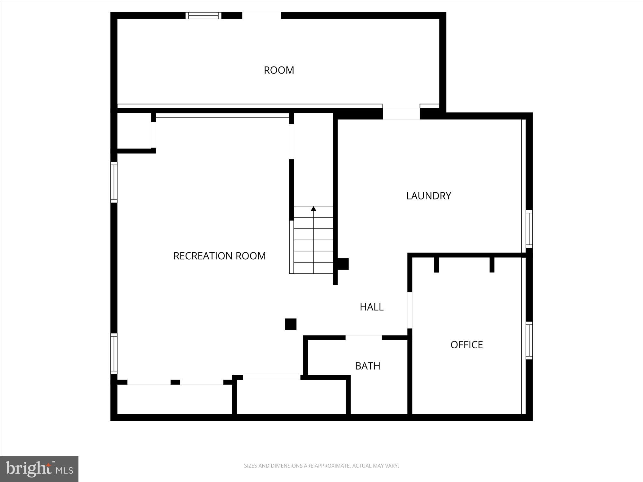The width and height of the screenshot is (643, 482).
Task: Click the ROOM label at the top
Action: click(279, 70)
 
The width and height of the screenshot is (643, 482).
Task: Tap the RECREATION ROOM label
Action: click(219, 256)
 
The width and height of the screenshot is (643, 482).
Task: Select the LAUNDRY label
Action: click(428, 196)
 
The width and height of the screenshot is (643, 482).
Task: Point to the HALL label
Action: click(371, 307)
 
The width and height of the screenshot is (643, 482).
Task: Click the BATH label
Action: click(367, 366)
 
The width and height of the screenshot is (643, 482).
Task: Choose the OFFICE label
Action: click(466, 344)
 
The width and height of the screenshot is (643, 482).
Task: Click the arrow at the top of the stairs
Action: click(313, 209)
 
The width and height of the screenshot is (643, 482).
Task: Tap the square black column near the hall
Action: click(291, 324)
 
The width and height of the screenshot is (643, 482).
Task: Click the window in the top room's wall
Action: click(204, 15)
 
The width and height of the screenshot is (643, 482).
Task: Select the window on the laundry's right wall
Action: click(529, 228)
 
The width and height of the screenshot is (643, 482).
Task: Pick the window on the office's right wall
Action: click(529, 340)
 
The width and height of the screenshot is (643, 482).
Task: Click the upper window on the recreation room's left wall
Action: click(114, 182)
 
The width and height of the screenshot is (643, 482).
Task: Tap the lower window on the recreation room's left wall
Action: click(114, 353)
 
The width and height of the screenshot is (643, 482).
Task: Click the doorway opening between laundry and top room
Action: click(401, 114)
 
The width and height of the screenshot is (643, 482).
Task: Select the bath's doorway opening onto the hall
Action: click(364, 337)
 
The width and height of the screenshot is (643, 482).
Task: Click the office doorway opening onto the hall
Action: click(410, 310)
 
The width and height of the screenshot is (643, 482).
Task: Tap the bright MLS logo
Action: click(39, 469)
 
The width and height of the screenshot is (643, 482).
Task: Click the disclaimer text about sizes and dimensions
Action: click(321, 466)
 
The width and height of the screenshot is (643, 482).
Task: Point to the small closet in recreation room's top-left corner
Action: click(134, 131)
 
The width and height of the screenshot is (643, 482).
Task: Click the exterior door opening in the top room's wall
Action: click(261, 15)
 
